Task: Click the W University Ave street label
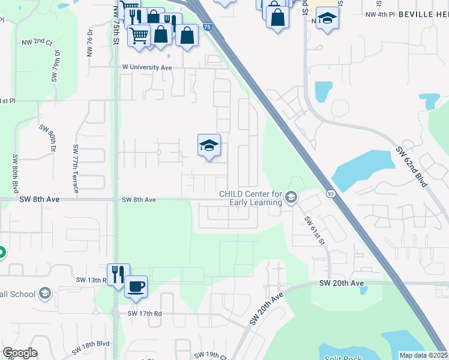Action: (147, 68)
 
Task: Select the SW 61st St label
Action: (313, 230)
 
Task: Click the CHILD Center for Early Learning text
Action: (251, 198)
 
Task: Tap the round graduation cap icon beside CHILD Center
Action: (291, 197)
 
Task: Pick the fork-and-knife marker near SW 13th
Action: (118, 274)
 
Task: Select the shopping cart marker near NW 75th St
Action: (139, 35)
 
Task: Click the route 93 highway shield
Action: (330, 193)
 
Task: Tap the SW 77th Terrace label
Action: (76, 169)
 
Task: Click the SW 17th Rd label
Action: (145, 313)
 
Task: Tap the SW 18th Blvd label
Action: (93, 344)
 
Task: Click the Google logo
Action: (19, 353)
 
